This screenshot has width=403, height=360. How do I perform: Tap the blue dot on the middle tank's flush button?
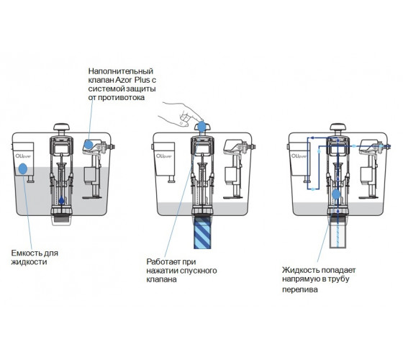(202, 127)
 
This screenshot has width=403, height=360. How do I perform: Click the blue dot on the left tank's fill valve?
(89, 144)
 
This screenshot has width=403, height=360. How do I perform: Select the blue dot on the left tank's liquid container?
(23, 168)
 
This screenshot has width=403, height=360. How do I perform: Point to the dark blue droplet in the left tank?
(61, 200)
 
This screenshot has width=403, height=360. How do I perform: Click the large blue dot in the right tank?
(336, 194)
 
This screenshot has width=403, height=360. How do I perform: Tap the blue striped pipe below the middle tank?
(202, 233)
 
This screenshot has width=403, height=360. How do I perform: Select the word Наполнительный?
(121, 71)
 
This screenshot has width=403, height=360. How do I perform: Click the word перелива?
(300, 289)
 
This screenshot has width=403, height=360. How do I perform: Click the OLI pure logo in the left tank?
(23, 156)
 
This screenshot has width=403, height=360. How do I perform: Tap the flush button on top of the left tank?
(62, 127)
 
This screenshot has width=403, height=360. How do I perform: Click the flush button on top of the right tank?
(338, 127)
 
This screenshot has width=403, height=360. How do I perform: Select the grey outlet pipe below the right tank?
(338, 232)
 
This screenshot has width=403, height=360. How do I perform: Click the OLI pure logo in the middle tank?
(164, 156)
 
